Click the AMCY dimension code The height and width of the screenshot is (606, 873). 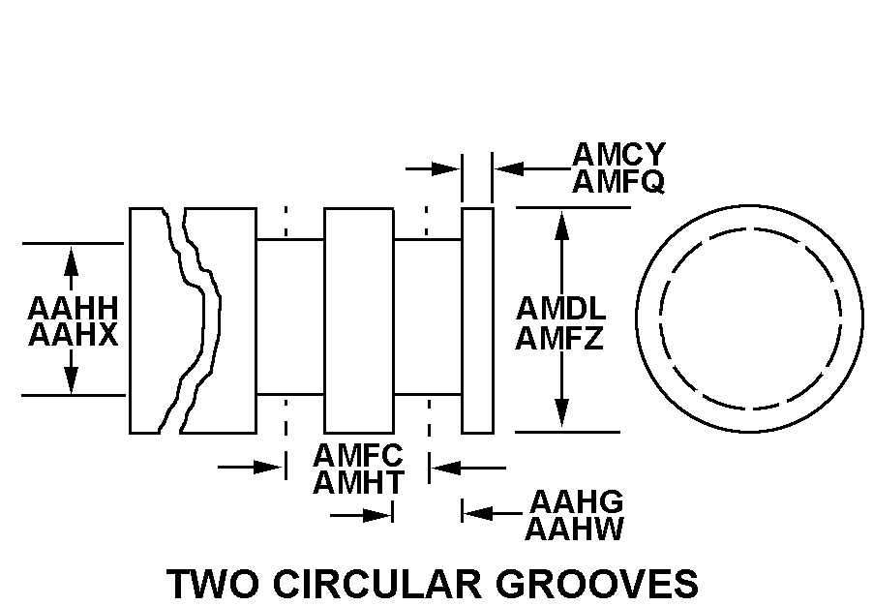point(618,154)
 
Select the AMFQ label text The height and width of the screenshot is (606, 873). point(618,181)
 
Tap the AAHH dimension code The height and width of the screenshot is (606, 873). point(73,308)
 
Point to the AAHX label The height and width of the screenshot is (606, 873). point(73,335)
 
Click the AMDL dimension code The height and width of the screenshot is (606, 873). point(560,309)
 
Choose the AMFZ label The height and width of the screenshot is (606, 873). point(559,338)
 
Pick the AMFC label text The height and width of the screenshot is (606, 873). point(358,455)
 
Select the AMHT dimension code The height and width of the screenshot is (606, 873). point(358,482)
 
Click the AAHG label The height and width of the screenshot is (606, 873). point(576,501)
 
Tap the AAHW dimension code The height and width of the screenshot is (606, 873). point(574,529)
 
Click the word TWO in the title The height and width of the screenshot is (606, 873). point(213,583)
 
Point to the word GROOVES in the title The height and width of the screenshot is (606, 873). point(596,583)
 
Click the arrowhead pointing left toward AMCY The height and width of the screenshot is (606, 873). point(509,168)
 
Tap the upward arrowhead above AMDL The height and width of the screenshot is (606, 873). point(561,226)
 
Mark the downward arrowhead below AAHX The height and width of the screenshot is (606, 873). point(71,379)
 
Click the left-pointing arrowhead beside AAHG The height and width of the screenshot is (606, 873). point(478,513)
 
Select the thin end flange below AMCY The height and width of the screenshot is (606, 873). point(478,320)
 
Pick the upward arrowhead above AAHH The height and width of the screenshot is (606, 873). point(71,261)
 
